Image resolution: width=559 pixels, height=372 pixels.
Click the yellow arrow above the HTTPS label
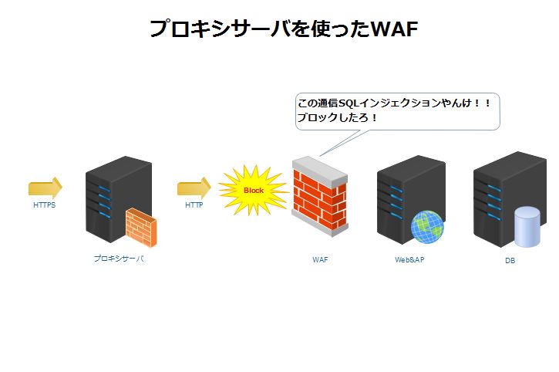tap(45, 188)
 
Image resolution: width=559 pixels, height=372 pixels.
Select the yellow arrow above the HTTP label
tap(194, 188)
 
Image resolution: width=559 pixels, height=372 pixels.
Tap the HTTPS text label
tap(45, 205)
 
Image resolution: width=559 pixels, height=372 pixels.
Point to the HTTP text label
tap(194, 205)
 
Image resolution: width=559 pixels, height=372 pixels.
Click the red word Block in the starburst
tap(254, 191)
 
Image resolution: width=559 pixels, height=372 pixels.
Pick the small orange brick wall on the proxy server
tap(141, 228)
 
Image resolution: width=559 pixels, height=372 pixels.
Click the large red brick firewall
tap(320, 196)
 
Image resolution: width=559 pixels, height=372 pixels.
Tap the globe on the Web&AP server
tap(427, 227)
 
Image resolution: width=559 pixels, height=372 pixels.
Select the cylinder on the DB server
tap(527, 227)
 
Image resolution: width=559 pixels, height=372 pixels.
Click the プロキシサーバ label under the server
tap(119, 259)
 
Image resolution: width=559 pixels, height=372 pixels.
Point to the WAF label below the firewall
tap(320, 259)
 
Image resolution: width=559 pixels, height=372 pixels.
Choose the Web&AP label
tap(409, 259)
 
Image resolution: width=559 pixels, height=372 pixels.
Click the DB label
tap(510, 261)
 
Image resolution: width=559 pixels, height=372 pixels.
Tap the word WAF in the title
tap(394, 29)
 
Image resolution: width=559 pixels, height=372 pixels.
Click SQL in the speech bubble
tap(349, 103)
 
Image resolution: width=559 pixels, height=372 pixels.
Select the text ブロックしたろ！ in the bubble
tap(337, 117)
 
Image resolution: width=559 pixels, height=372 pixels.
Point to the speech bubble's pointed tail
tap(320, 156)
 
